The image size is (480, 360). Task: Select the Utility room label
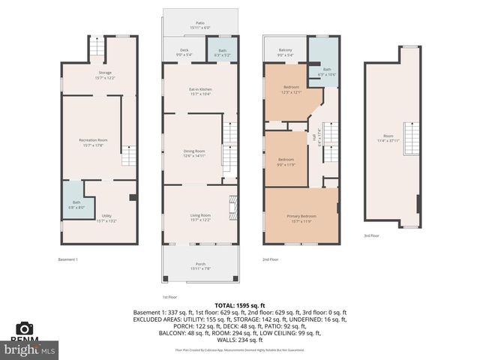(x=105, y=218)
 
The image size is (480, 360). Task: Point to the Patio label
(x=200, y=25)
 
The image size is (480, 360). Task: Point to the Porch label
(x=199, y=264)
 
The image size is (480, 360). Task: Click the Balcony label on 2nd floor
(x=285, y=52)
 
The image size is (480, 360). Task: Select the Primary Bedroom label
(x=301, y=218)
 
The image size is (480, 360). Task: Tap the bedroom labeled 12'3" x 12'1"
(x=291, y=89)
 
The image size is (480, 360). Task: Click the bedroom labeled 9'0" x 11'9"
(x=286, y=161)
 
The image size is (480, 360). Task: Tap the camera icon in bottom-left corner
(x=25, y=328)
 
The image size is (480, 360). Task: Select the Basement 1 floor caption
(x=68, y=259)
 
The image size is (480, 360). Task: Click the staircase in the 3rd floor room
(x=409, y=139)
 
